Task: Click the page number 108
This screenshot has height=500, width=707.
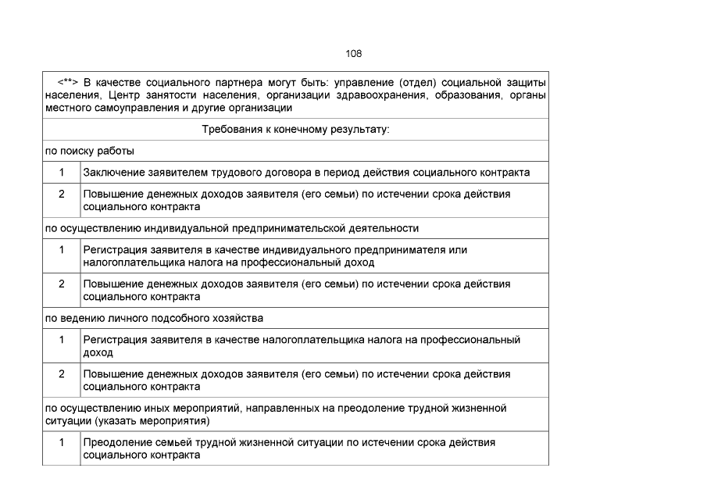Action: coord(353,54)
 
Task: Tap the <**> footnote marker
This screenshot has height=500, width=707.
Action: coord(67,82)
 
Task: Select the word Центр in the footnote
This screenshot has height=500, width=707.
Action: coord(127,95)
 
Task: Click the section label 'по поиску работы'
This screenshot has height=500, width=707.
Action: coord(88,151)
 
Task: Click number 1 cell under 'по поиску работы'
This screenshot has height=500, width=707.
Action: coord(62,172)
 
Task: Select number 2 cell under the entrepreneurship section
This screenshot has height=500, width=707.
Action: coord(62,284)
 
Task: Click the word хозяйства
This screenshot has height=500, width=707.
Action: coord(237,318)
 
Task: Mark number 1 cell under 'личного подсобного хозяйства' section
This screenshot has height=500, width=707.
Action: coord(62,340)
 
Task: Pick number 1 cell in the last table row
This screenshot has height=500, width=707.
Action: coord(62,442)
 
